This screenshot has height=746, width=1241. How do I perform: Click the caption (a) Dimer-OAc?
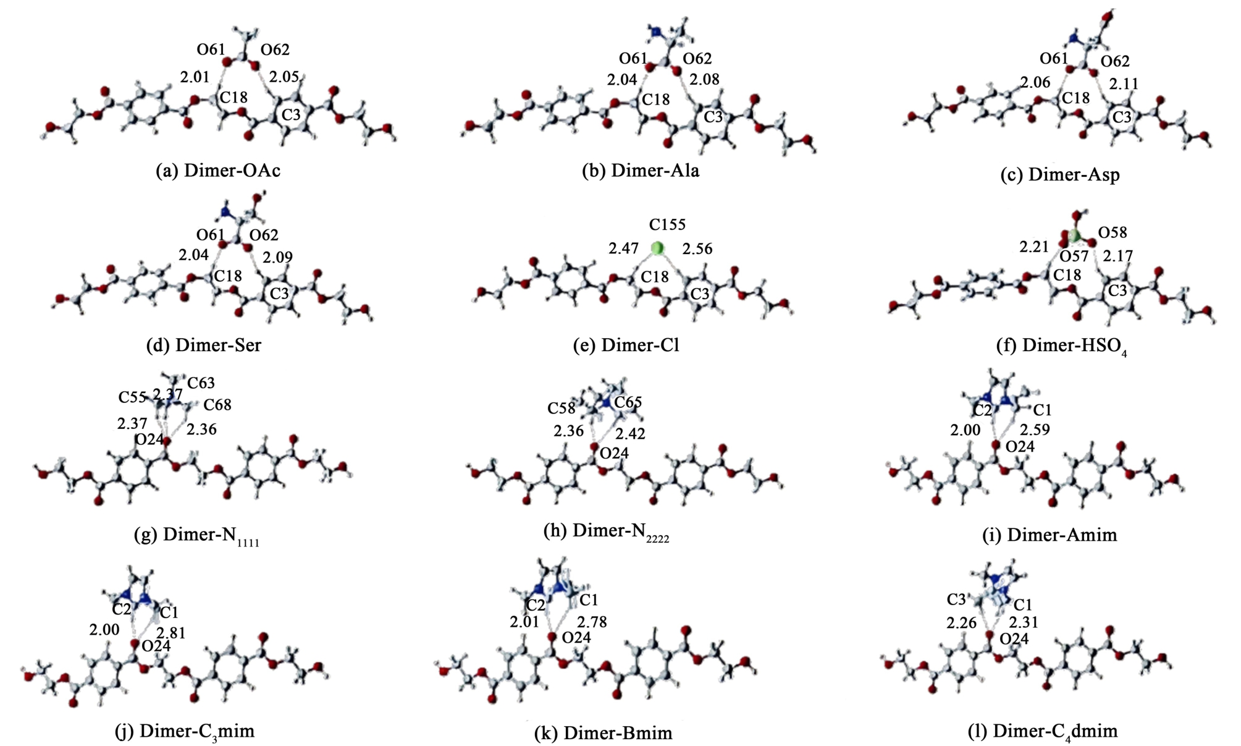point(218,171)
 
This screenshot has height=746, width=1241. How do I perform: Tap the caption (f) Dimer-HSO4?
point(1061,346)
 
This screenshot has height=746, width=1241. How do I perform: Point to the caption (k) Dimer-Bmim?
point(603,733)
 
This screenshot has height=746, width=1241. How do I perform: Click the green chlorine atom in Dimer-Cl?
point(658,248)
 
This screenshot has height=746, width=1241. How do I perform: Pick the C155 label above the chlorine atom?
point(667,224)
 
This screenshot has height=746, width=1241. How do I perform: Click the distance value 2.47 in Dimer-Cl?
point(623,248)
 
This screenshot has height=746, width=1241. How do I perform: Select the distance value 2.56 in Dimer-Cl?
point(697,248)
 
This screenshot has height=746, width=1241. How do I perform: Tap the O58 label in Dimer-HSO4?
point(1113,232)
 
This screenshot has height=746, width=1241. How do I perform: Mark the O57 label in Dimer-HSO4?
point(1074,255)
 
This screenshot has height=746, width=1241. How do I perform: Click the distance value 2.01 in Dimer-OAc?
point(195,77)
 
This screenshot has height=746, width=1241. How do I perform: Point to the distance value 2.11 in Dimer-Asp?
point(1124,83)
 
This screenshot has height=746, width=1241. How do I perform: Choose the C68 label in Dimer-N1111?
point(217,405)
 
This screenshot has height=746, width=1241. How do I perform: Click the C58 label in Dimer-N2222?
point(561,409)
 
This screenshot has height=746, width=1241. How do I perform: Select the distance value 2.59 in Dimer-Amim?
point(1035,430)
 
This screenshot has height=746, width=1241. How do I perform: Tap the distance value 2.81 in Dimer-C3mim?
point(170,633)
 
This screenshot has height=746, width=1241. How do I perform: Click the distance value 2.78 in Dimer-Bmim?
point(592,622)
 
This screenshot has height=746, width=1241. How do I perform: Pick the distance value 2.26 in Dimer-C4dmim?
point(961,622)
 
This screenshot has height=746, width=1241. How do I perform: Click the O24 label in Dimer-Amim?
point(1020,446)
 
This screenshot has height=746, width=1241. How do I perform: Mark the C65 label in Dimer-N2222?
point(628,402)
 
